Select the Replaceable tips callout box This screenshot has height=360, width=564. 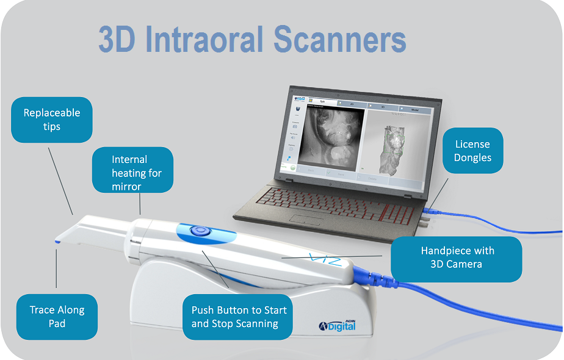coord(52,120)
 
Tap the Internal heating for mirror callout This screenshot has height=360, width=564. coord(132,172)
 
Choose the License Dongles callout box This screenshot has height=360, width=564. coord(472,151)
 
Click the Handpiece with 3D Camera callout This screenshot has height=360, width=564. coord(456,257)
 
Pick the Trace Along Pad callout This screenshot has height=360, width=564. coord(57,316)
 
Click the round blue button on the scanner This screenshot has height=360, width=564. coord(199,231)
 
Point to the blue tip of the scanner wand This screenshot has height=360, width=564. coord(57,242)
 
